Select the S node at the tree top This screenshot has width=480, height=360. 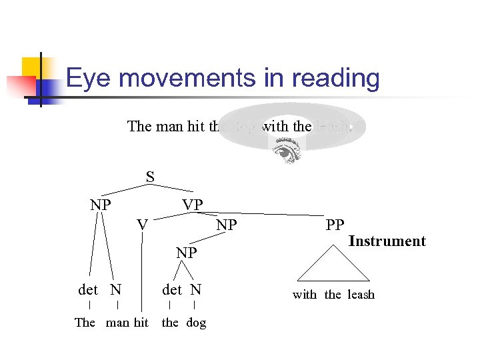pos(150,177)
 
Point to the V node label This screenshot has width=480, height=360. pos(142,225)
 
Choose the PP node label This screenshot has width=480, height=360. pos(335,225)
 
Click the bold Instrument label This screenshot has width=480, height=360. pos(387,241)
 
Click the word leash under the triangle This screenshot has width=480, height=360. pos(361,295)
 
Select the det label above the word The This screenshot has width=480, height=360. pos(88,289)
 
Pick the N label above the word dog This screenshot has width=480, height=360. pos(195,289)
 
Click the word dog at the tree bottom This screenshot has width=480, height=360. pos(196,323)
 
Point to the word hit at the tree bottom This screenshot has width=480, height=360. pos(141,323)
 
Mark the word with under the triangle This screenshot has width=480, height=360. pos(305,295)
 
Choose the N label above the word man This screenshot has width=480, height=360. pos(116,289)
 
